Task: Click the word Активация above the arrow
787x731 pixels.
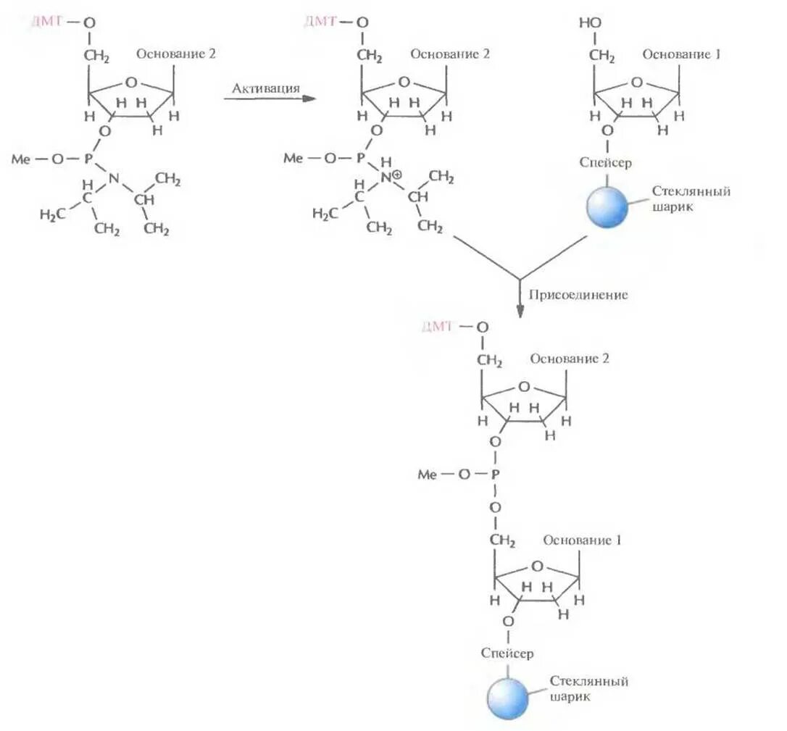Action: point(265,88)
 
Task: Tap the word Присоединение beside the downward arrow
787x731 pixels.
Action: point(578,295)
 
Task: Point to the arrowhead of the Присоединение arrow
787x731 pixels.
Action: point(520,310)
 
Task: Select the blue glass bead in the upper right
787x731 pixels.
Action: point(607,206)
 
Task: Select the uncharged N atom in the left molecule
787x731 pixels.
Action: point(113,178)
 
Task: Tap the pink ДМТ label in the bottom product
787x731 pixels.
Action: point(437,327)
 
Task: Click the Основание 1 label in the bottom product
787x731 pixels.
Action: point(583,540)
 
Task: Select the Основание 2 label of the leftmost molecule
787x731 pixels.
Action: point(176,54)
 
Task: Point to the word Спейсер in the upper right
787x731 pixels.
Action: point(605,162)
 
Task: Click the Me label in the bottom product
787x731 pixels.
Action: point(428,475)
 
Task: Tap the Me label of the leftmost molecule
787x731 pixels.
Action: point(21,159)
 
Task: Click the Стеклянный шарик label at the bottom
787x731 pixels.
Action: point(588,688)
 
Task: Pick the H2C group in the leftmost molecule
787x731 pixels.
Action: point(52,214)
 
